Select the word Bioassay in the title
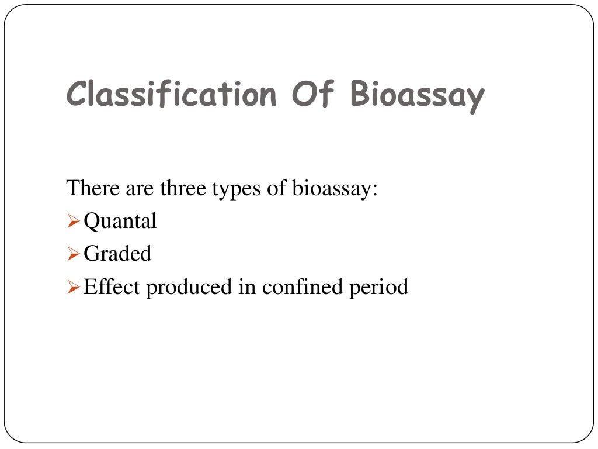click(418, 95)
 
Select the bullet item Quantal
click(120, 222)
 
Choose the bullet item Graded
click(117, 254)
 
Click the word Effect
click(112, 287)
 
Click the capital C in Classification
click(77, 95)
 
